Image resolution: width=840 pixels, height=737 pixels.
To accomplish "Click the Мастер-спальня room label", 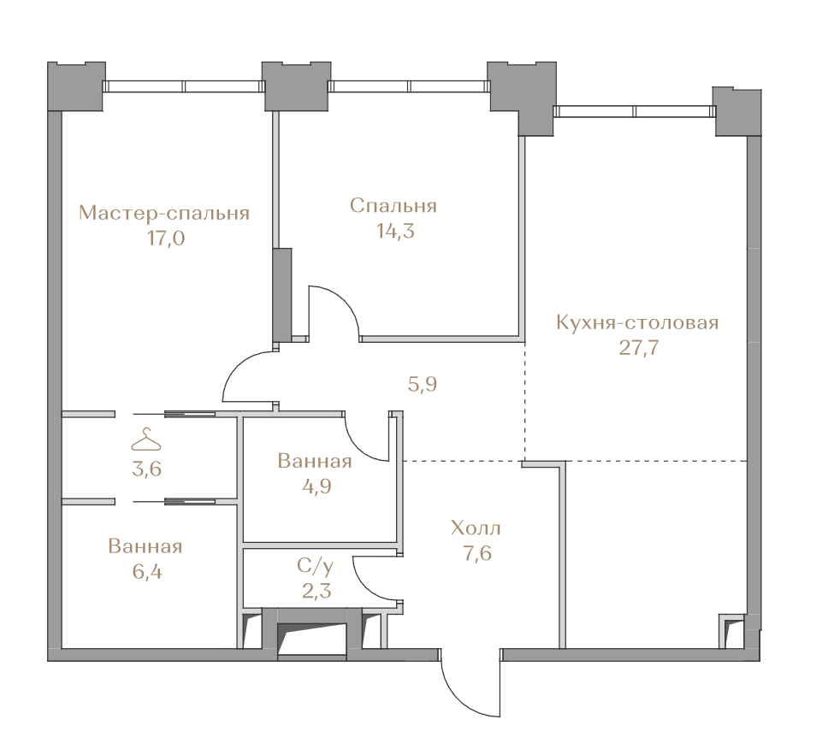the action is click(164, 213).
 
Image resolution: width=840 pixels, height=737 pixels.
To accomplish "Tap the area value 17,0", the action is click(166, 239).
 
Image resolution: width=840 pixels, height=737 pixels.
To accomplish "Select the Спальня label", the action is click(393, 206).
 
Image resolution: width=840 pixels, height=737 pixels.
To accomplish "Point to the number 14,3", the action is click(395, 232).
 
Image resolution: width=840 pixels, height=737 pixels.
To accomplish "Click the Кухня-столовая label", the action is click(637, 322).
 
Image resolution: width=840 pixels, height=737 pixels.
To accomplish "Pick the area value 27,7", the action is click(639, 348).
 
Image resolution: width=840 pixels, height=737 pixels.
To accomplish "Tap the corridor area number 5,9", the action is click(423, 384).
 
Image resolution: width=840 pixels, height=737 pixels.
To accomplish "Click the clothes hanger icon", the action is click(145, 439).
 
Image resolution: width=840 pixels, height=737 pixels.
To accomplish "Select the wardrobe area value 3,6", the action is click(146, 469).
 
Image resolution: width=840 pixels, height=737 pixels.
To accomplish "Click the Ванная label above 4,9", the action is click(315, 461).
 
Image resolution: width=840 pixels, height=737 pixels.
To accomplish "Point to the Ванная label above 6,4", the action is click(145, 546).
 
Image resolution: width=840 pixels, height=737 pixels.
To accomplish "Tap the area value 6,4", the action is click(147, 572).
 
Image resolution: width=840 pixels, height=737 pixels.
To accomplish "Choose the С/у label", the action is click(316, 565).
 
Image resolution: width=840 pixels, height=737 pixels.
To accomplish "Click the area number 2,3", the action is click(316, 592).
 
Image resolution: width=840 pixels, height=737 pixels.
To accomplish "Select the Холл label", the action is click(476, 528).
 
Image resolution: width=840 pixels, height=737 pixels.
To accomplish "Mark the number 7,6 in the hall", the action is click(477, 553).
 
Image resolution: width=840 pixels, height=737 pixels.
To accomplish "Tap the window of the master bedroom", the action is click(183, 86).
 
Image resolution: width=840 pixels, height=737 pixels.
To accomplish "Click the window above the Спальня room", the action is click(408, 86).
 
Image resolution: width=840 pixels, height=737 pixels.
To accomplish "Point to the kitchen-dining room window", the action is click(635, 111).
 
